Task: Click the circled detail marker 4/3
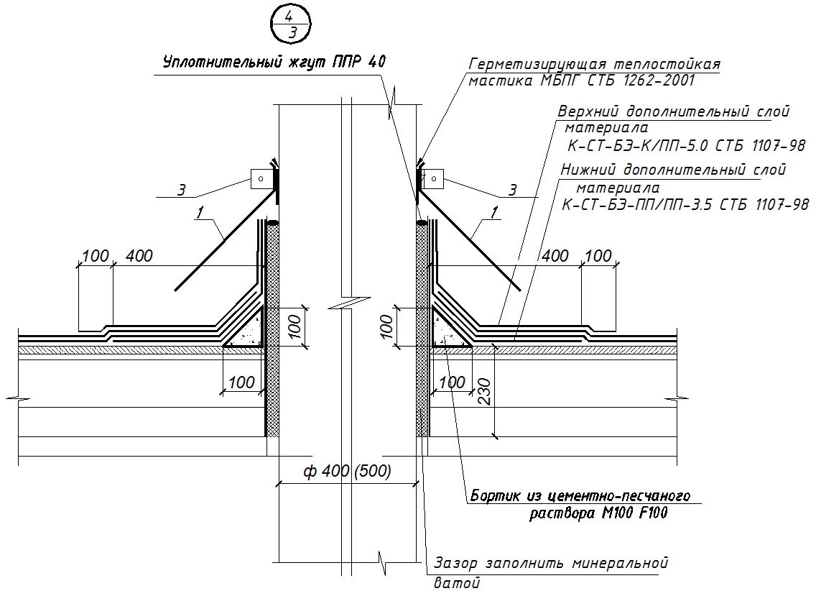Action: (291, 24)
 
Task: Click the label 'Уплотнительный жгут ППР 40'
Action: (274, 63)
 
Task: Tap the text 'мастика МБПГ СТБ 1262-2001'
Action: (582, 81)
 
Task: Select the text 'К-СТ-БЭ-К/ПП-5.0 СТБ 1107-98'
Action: (687, 146)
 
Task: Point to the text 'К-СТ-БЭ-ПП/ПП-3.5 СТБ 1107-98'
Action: (685, 205)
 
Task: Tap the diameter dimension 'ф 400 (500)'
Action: (347, 472)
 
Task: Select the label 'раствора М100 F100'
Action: (598, 513)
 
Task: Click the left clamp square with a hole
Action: (261, 178)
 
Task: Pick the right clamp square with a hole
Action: (434, 179)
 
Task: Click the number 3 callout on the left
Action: (181, 190)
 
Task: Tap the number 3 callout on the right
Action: (513, 191)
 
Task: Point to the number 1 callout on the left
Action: (199, 212)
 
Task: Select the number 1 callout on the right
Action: (494, 213)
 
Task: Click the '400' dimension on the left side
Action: (139, 256)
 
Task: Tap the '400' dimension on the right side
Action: (555, 256)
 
